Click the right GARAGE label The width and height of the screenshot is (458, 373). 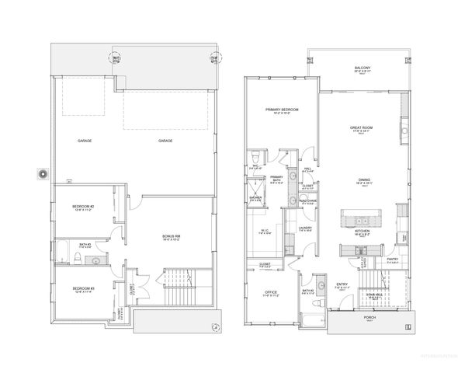pos(166,141)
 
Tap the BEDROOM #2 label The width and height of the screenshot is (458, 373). pos(84,206)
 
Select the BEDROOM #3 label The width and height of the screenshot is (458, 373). pos(83,288)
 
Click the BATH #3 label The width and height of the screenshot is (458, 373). pos(84,245)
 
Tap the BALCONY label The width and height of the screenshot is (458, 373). pos(362,69)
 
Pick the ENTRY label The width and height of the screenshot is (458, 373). pos(342,285)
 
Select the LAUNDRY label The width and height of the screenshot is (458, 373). pos(304,228)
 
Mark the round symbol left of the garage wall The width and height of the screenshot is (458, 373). pos(43,174)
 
